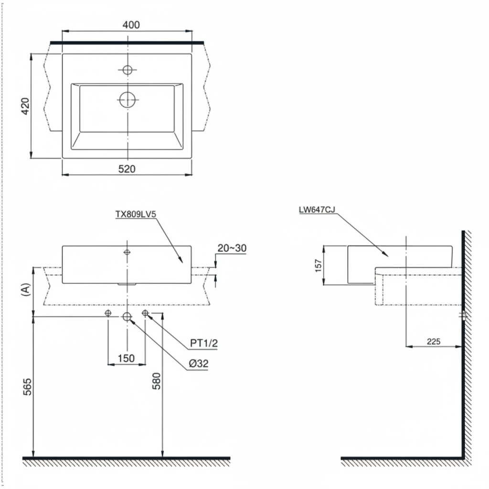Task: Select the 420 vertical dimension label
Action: coord(25,106)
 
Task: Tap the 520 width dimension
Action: coord(128,169)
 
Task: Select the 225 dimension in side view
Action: coord(433,341)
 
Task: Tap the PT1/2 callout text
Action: coord(203,343)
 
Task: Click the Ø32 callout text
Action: coord(198,363)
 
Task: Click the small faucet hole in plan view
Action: coord(127,70)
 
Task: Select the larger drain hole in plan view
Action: coord(127,100)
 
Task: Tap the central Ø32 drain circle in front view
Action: coord(127,316)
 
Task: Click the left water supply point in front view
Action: coord(108,313)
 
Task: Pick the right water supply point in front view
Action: coord(146,313)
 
